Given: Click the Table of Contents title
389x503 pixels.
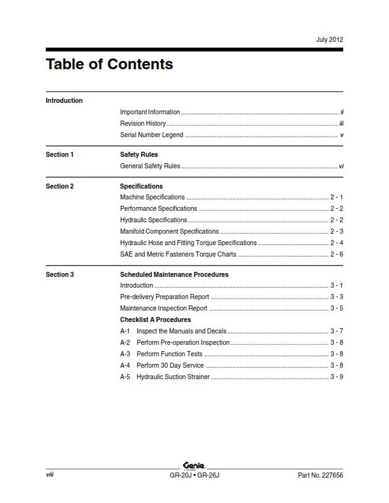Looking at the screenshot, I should tap(109, 64).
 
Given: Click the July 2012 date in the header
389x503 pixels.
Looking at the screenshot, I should tap(329, 39).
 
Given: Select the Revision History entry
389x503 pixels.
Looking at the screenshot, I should tap(143, 124).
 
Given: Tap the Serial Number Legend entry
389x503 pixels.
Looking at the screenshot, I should tap(151, 135).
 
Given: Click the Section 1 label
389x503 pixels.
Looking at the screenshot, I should tap(60, 155).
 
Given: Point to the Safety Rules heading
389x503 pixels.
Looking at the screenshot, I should tap(139, 155).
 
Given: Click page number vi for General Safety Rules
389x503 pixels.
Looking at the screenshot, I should tap(341, 166).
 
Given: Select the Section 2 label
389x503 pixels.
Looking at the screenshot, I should tap(60, 187).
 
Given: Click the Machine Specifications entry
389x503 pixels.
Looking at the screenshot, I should tap(153, 198).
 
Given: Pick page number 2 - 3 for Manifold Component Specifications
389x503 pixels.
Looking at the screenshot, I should tap(336, 232).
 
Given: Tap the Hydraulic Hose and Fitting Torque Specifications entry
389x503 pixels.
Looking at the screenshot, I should tap(188, 243).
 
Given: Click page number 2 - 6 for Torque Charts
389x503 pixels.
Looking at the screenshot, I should tap(336, 255).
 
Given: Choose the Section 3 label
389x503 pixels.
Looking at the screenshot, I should tap(60, 275).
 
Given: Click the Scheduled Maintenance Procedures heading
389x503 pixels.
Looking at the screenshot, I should tap(174, 275).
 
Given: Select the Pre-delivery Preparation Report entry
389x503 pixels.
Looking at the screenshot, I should tap(165, 297).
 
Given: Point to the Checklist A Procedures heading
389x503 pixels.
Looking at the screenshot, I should tap(155, 320).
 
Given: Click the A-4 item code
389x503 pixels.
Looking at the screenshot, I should tap(125, 366).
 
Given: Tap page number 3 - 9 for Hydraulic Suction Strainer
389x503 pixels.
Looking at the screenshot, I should tap(336, 377).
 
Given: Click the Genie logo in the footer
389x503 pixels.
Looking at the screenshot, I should tap(193, 466).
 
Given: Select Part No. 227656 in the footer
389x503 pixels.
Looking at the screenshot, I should tap(320, 475).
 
